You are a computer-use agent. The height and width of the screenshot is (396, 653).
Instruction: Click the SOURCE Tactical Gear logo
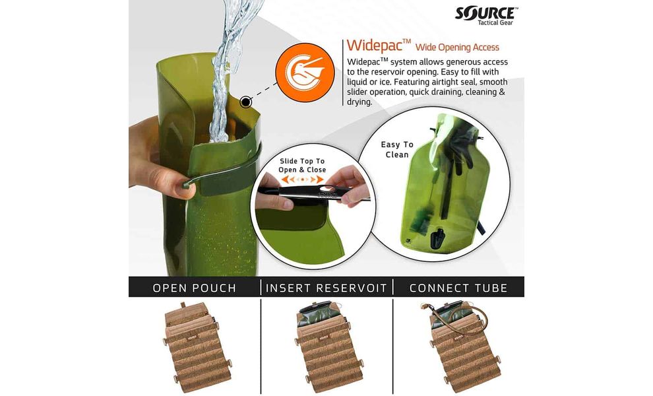(486, 15)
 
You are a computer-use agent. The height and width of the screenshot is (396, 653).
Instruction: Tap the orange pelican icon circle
(305, 73)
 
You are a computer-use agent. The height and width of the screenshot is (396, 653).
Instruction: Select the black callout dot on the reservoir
(246, 102)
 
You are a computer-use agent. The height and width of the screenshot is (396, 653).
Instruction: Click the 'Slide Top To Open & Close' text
(302, 166)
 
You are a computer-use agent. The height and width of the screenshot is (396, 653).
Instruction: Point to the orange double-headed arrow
(302, 180)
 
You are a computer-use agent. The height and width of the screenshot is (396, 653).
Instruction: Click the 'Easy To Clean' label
(397, 150)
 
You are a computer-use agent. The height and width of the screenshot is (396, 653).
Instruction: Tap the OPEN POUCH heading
(195, 288)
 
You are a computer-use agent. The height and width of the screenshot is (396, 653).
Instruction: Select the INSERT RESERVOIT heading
(326, 288)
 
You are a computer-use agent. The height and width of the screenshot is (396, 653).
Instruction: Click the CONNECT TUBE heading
(458, 288)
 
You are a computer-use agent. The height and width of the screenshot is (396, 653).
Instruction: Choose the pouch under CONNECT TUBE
(462, 348)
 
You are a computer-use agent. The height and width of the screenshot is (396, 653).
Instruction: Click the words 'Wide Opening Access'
(457, 47)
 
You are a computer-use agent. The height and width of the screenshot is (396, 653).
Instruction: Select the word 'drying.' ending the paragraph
(360, 102)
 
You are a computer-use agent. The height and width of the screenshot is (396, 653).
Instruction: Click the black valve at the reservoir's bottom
(437, 238)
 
